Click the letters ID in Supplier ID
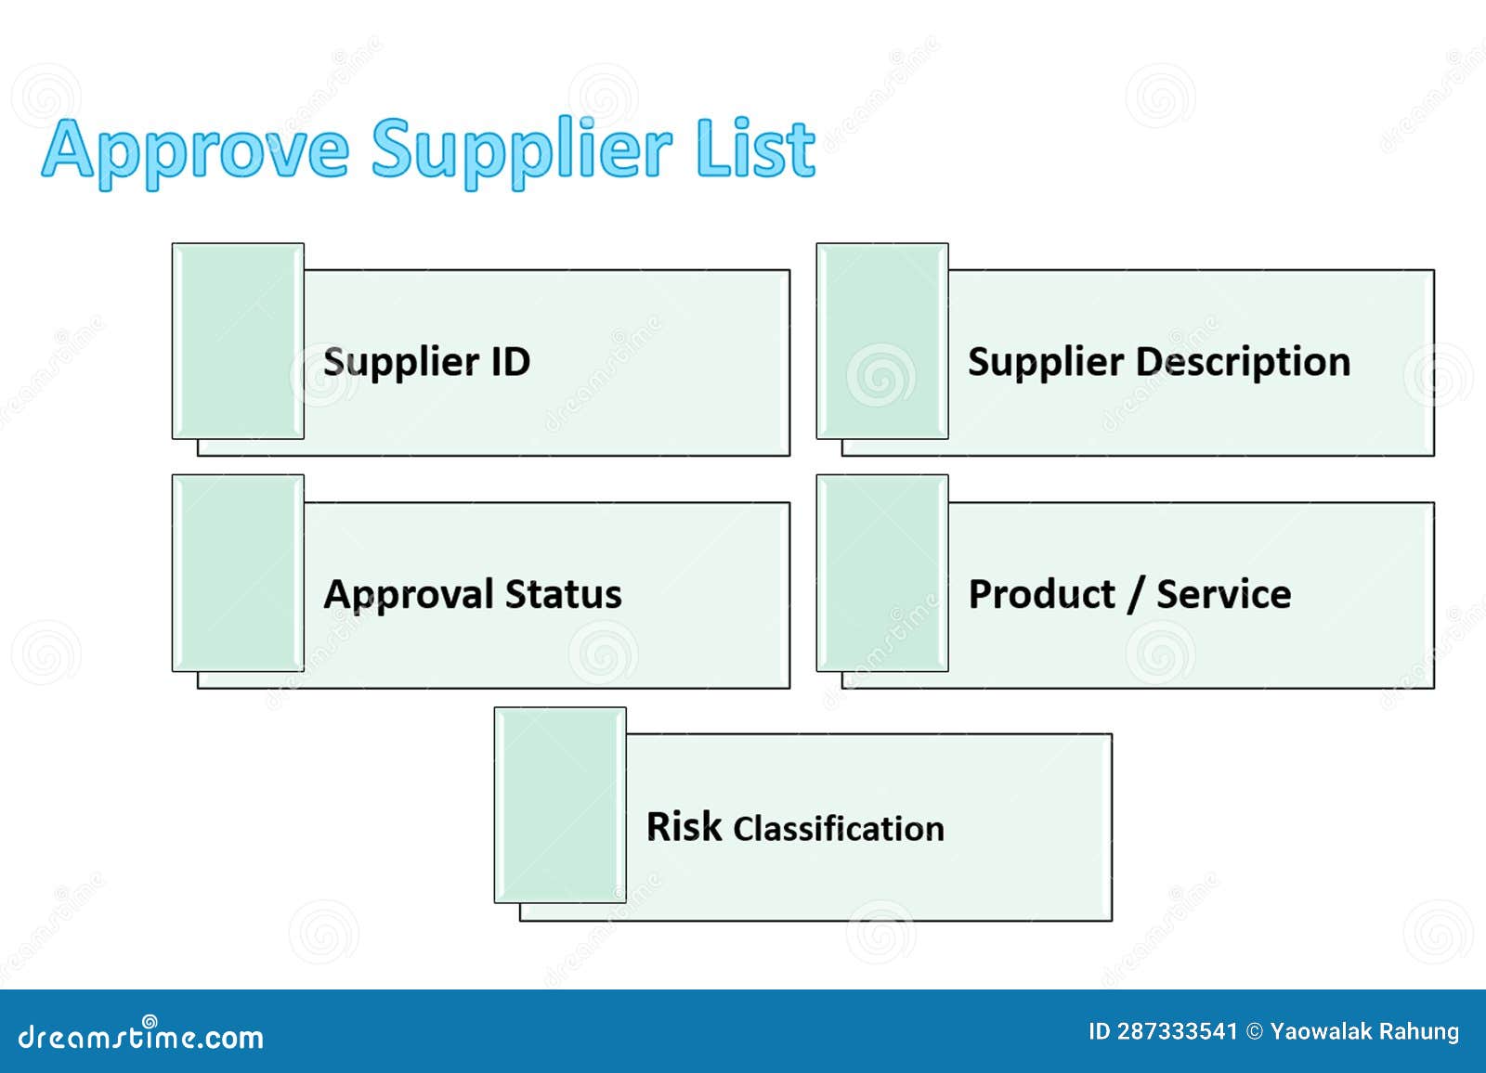(x=510, y=361)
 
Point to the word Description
(x=1243, y=361)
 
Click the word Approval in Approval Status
(x=409, y=595)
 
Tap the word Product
(x=1041, y=594)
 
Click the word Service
(x=1223, y=594)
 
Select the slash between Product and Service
(x=1134, y=595)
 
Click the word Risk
(x=684, y=826)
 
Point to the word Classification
(x=839, y=828)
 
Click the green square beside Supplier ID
(x=238, y=341)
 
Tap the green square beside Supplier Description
(x=882, y=341)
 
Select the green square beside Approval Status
(x=238, y=573)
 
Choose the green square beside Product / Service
(x=882, y=573)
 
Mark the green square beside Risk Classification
(x=560, y=805)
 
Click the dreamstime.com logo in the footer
(x=141, y=1035)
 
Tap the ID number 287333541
(x=1177, y=1031)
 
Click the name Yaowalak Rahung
(x=1364, y=1031)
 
